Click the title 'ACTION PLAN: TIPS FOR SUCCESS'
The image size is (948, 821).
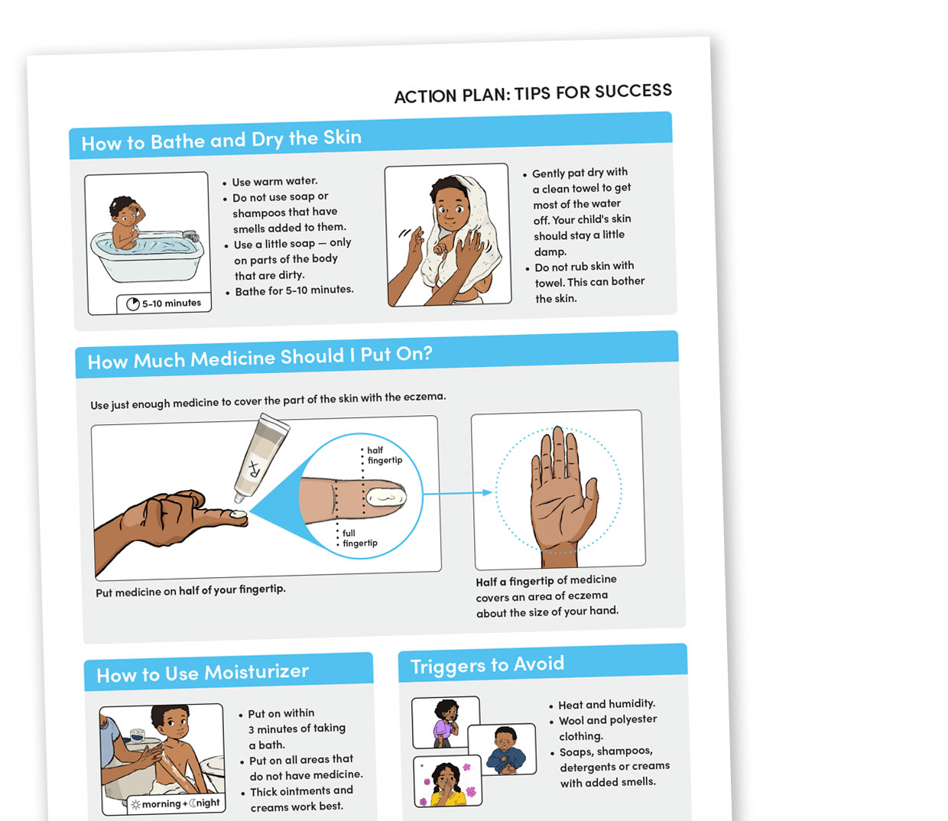tap(533, 93)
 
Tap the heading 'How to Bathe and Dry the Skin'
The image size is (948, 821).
tap(222, 140)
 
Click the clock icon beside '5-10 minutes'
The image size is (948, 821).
tap(132, 304)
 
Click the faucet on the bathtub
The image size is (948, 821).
tap(192, 235)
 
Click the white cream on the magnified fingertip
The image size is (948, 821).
tap(386, 497)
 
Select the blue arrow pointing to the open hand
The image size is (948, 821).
tap(457, 493)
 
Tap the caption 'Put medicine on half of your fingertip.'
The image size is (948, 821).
tap(190, 590)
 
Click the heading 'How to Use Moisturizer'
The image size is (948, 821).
tap(203, 673)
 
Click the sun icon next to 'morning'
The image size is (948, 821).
tap(136, 804)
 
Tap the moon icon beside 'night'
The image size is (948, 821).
tap(192, 803)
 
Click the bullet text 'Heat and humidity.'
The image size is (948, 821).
tap(607, 704)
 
